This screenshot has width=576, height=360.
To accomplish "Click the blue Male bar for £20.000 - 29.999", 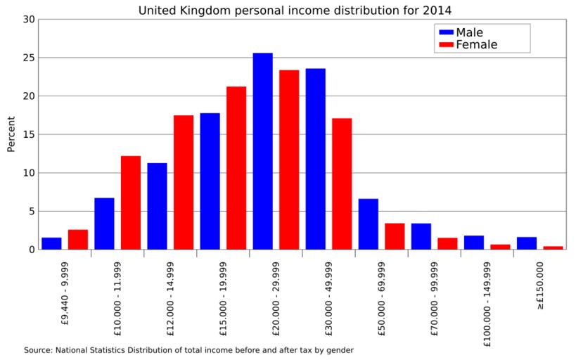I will [x=262, y=151].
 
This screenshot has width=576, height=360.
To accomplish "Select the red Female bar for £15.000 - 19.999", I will [x=236, y=168].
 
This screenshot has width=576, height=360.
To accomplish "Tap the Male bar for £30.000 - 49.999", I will [x=315, y=159].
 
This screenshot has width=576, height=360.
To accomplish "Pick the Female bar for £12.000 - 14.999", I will [x=184, y=182].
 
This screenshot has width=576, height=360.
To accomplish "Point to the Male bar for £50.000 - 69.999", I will [x=368, y=224].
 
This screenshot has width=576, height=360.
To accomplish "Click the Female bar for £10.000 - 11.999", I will [x=131, y=202].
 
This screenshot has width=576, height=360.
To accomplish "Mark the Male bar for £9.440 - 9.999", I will [x=51, y=243].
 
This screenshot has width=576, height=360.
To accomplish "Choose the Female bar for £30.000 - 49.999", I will [x=342, y=184].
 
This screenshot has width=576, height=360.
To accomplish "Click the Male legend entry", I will [x=469, y=32].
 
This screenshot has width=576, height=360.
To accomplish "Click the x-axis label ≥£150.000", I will [x=540, y=285].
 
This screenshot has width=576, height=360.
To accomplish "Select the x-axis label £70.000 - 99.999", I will [x=435, y=295].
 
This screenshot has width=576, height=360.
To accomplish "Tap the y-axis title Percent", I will [x=11, y=134].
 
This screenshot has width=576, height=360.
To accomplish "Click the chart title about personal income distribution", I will [x=295, y=10].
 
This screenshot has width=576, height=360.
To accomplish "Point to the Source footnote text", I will [x=188, y=349].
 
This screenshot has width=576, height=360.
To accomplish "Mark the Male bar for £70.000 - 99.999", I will [x=421, y=236].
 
